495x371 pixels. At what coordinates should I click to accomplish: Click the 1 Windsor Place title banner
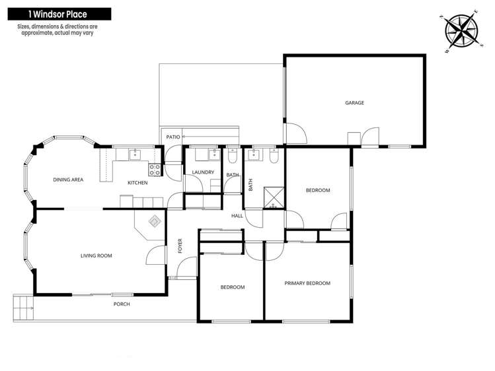point(59,14)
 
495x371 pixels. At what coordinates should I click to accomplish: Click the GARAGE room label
point(354,103)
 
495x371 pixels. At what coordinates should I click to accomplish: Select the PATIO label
point(173,137)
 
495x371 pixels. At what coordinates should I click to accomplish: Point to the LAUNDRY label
point(203,172)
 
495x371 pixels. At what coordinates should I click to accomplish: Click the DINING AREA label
point(68,180)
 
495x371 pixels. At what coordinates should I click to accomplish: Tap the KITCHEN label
point(137,183)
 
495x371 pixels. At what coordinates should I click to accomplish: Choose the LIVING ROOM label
point(96,255)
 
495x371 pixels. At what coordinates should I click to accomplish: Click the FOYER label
point(180,246)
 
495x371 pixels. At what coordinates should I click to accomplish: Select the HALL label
point(237,216)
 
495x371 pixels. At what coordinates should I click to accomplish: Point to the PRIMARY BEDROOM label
point(307,283)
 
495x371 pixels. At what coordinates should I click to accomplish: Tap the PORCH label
point(122,304)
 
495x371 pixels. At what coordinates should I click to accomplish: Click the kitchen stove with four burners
point(155,170)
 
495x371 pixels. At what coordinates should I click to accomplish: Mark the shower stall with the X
point(274,197)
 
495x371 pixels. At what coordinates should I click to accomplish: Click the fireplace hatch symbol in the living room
point(155,220)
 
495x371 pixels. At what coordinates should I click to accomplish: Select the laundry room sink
point(214,154)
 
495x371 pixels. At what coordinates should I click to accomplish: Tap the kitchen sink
point(135,154)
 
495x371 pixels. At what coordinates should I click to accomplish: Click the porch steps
point(23,307)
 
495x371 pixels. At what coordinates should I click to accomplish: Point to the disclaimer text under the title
point(57,30)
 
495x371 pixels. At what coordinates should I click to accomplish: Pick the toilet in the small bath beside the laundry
point(233,156)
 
